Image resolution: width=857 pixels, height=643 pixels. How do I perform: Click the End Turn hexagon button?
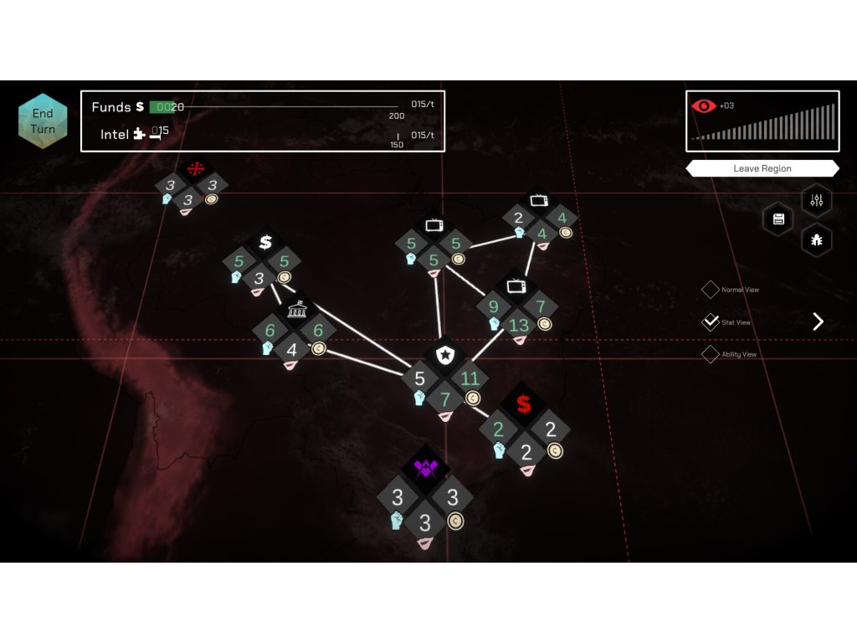point(43,121)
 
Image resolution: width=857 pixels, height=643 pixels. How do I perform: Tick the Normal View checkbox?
point(710,290)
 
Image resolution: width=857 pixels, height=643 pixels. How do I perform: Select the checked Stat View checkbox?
point(710,322)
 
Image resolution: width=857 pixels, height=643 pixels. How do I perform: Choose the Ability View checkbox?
point(710,354)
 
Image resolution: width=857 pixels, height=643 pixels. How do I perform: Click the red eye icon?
point(703,105)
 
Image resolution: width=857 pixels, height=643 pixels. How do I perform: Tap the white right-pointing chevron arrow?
point(818,321)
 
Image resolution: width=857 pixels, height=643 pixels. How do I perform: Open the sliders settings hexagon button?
point(817,200)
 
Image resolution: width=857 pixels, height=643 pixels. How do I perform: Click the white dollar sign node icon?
point(265,243)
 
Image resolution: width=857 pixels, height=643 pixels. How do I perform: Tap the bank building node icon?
point(294,311)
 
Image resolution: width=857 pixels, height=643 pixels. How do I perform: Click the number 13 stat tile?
point(519,326)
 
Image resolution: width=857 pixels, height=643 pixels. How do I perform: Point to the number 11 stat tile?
point(470,378)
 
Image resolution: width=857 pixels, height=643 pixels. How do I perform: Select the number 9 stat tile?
point(494,306)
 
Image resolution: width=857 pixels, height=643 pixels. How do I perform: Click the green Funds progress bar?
point(162,107)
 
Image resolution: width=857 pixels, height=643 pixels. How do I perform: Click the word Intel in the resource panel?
point(115,134)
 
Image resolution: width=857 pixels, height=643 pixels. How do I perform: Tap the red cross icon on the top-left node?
point(195,168)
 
